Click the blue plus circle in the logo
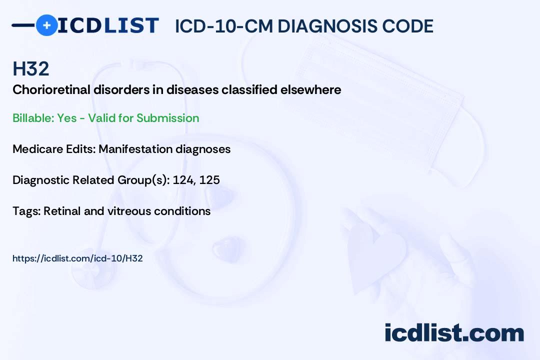point(46,25)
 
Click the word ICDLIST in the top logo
point(108,25)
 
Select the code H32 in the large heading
point(31,69)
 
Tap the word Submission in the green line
point(167,118)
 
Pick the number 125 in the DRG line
point(209,180)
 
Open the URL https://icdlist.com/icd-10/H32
point(77,258)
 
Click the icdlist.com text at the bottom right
point(454,333)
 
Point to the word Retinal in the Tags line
point(62,211)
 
